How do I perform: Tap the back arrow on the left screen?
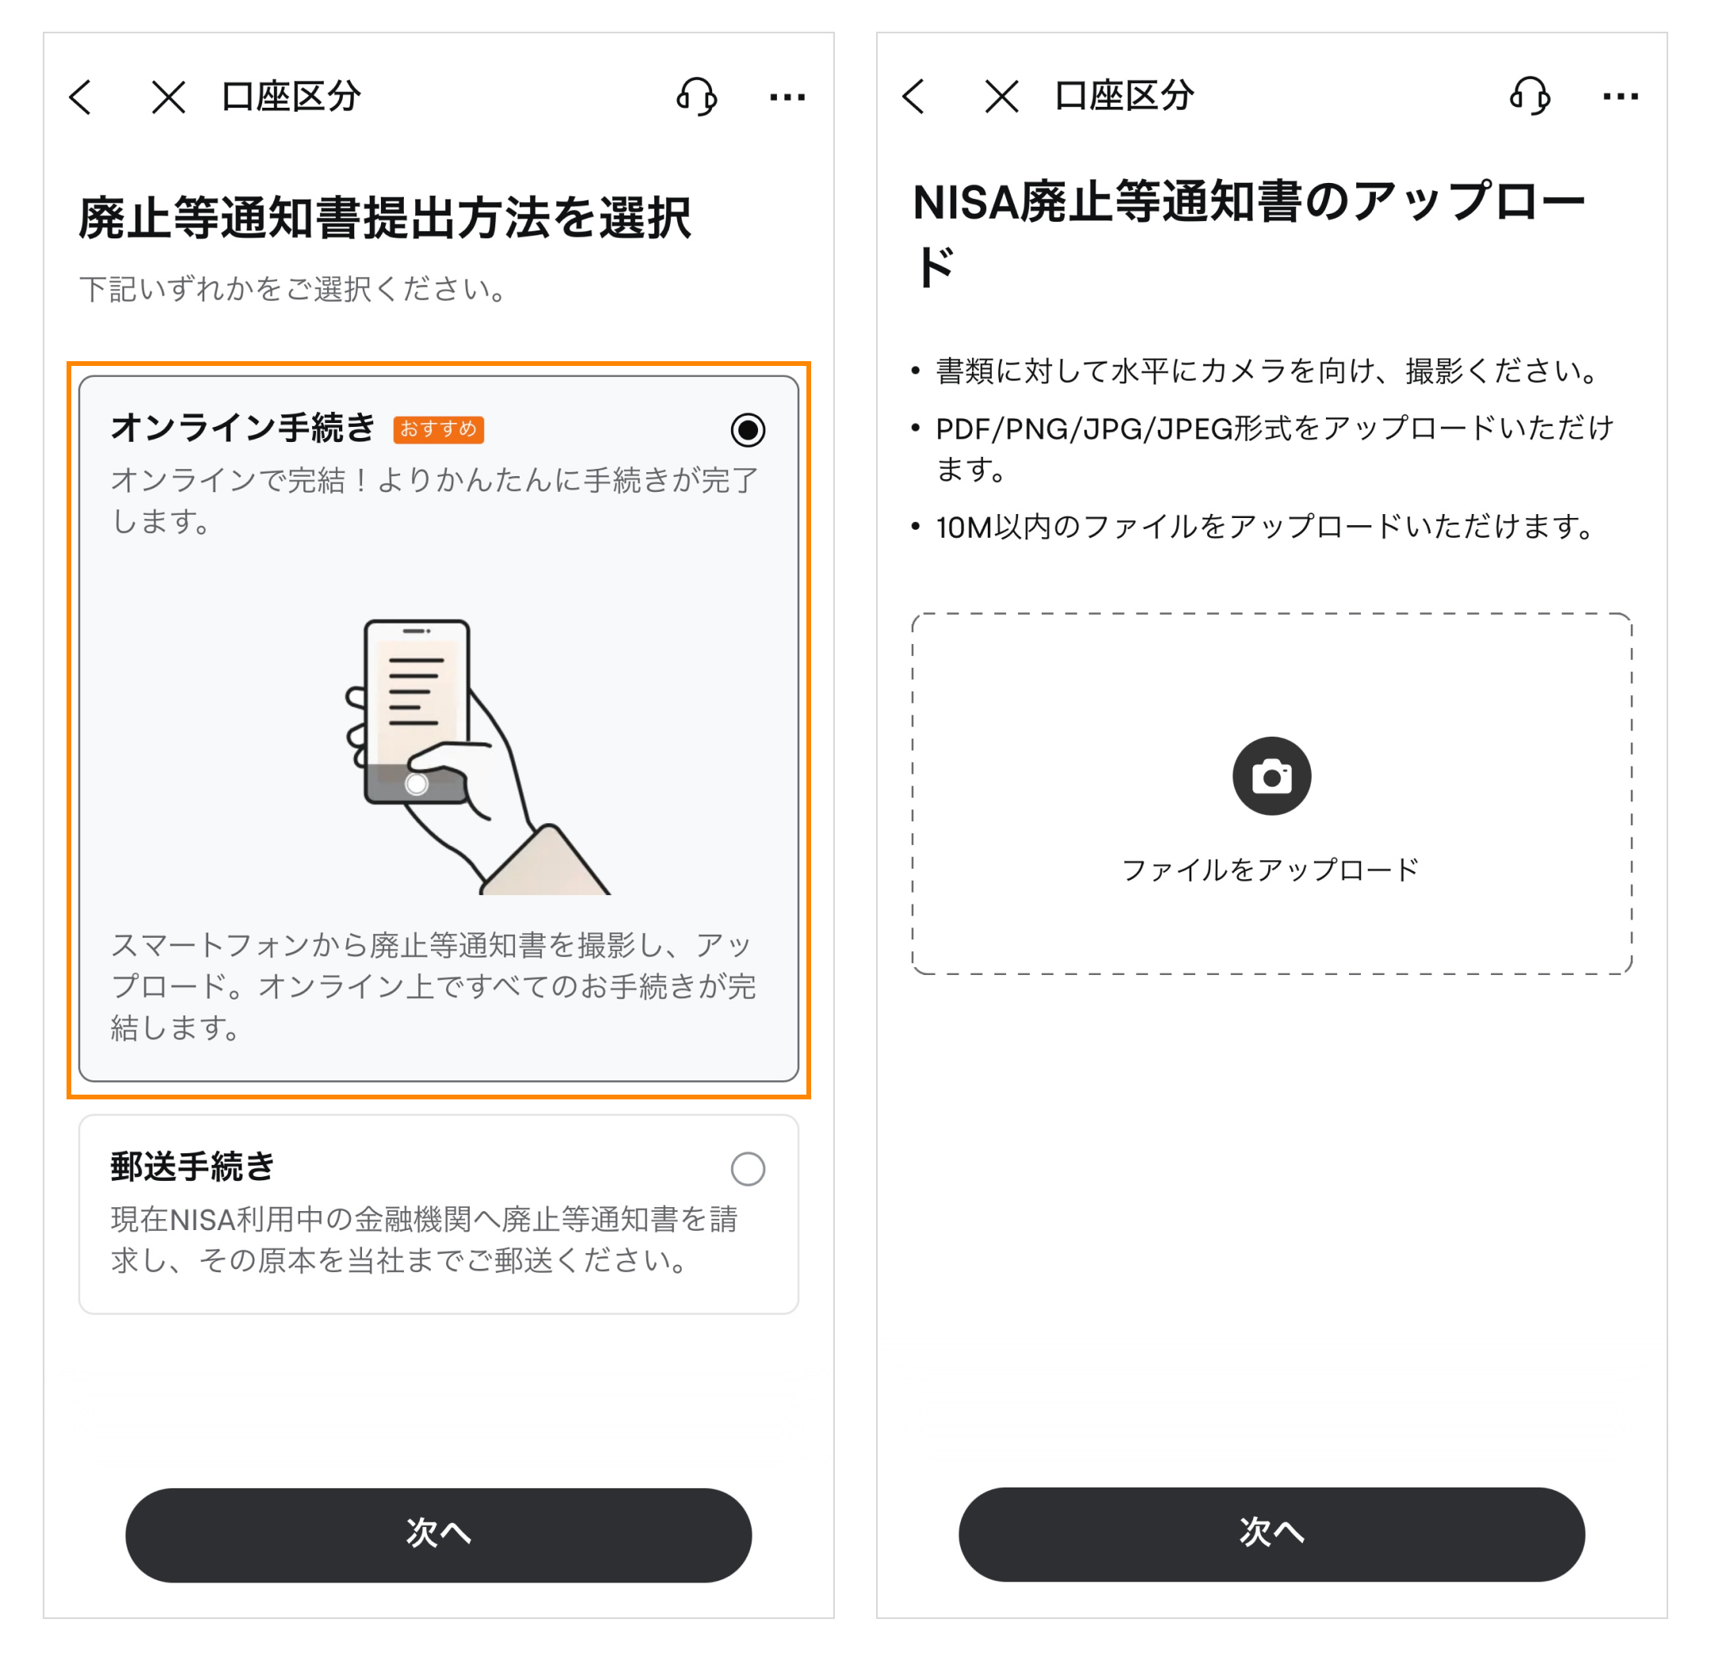point(80,97)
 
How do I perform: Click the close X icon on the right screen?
point(1001,96)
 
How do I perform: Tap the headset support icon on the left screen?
point(696,96)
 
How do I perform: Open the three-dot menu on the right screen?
point(1620,96)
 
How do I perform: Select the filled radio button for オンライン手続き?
point(748,429)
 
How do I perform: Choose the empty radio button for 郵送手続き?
point(748,1168)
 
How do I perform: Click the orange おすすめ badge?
point(438,429)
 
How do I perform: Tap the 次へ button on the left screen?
point(438,1535)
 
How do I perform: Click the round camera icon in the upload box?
point(1272,776)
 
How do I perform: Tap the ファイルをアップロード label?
point(1271,870)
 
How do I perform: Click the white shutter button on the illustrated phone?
point(417,784)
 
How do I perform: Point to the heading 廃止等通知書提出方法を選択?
point(385,217)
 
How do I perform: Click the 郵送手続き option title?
point(193,1167)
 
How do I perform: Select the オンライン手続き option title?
point(243,428)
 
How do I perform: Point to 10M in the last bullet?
point(964,528)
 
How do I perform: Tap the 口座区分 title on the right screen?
point(1124,96)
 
